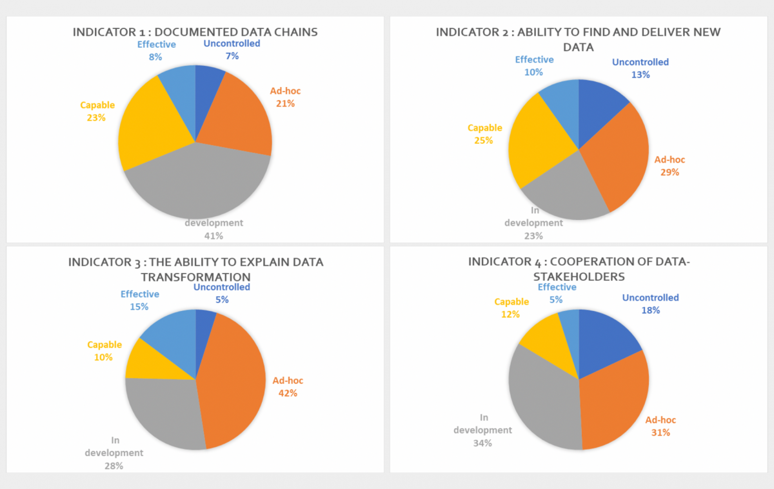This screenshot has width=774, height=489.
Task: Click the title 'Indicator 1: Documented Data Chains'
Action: tap(195, 32)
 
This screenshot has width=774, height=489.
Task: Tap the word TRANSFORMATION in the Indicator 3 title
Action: tap(195, 276)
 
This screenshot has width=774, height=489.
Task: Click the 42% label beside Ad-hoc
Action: tap(288, 393)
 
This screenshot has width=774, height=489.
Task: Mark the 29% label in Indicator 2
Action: tap(670, 172)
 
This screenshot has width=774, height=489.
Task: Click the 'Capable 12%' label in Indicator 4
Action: tap(511, 308)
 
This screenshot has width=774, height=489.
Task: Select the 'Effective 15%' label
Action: tap(140, 300)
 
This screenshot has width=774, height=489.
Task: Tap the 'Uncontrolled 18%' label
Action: tap(650, 304)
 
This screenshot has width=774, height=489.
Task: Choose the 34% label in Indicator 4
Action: tap(482, 443)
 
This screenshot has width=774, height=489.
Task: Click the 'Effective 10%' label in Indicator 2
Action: tap(534, 66)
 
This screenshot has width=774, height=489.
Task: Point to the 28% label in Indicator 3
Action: tap(114, 465)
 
